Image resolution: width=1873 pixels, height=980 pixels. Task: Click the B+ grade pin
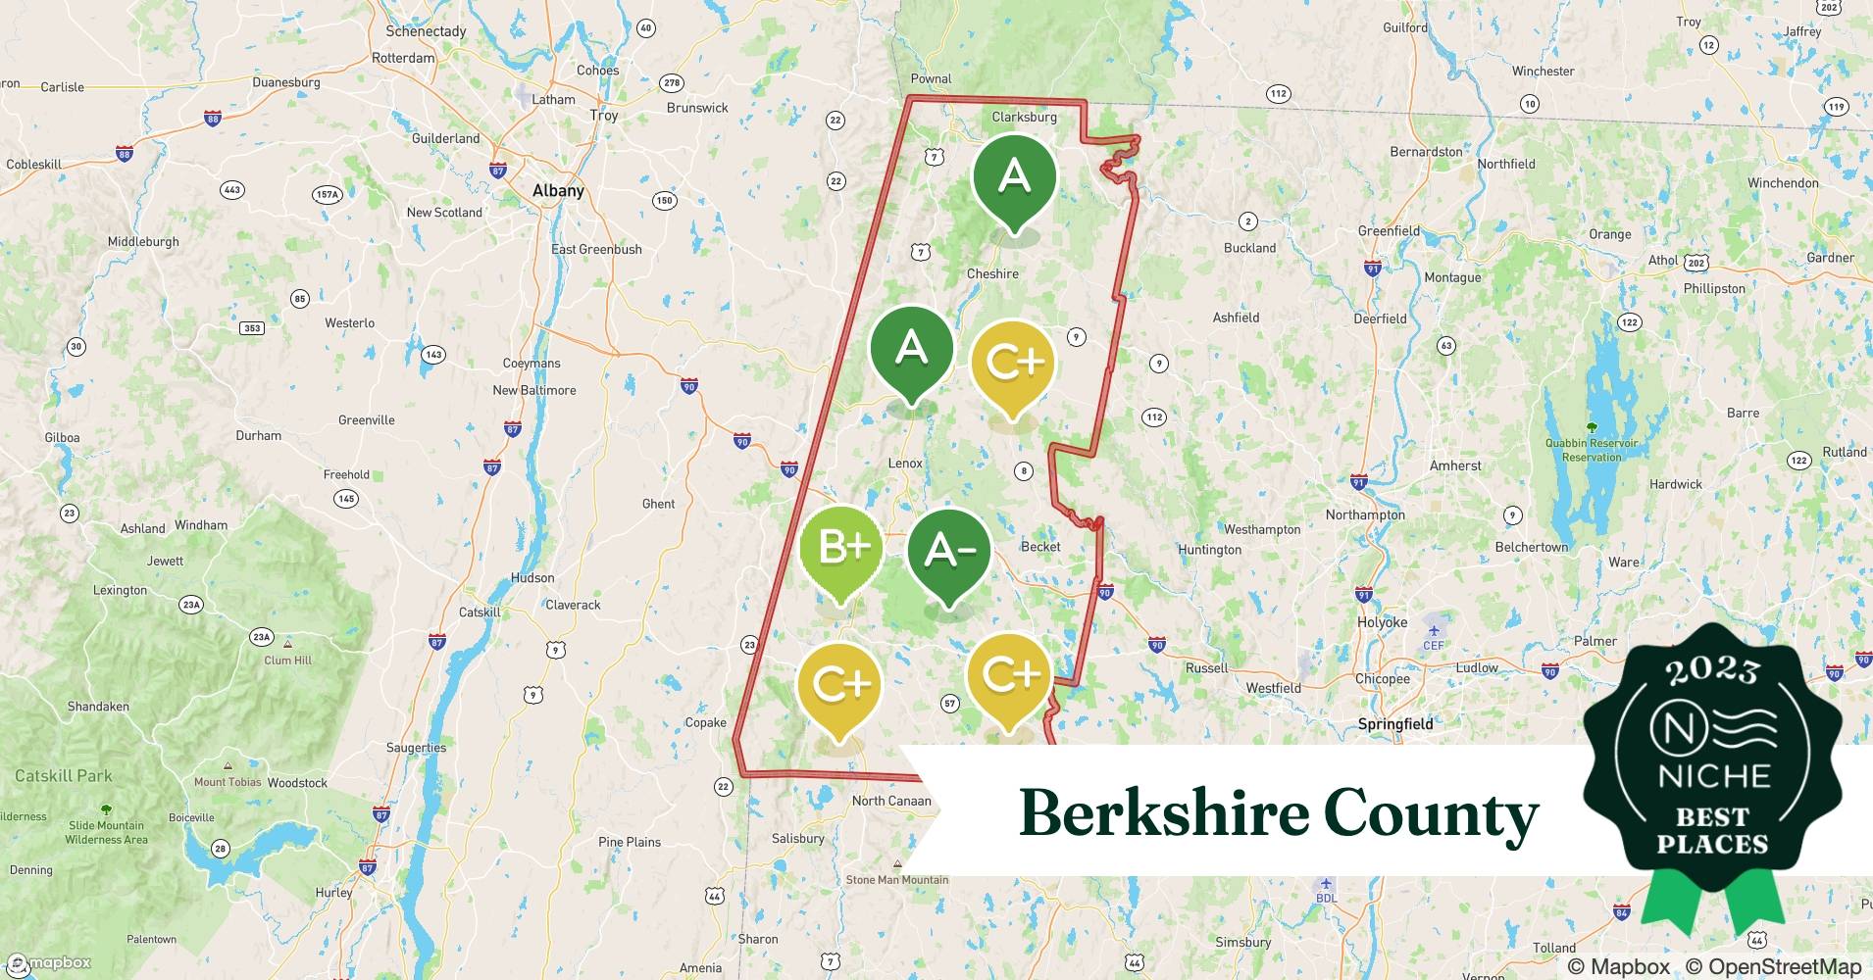840,548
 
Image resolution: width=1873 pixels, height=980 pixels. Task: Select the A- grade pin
948,552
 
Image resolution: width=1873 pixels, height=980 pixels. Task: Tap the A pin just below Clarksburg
1014,177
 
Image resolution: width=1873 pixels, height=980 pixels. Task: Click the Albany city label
558,191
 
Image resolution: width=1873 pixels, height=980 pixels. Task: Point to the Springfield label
1395,724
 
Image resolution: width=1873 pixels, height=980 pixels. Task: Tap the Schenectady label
426,31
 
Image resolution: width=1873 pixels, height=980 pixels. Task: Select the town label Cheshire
992,274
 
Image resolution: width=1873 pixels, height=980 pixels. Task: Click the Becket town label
1040,547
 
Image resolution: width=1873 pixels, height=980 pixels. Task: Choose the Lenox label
905,464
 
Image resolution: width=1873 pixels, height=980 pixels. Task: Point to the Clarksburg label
1024,117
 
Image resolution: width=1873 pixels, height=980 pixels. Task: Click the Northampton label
1365,515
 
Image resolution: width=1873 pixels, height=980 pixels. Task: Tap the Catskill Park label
64,776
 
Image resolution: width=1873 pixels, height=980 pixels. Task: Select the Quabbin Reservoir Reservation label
1592,450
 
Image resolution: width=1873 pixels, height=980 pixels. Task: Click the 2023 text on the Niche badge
1712,670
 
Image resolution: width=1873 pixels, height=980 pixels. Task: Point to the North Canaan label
891,801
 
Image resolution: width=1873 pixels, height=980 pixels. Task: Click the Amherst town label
1455,466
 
